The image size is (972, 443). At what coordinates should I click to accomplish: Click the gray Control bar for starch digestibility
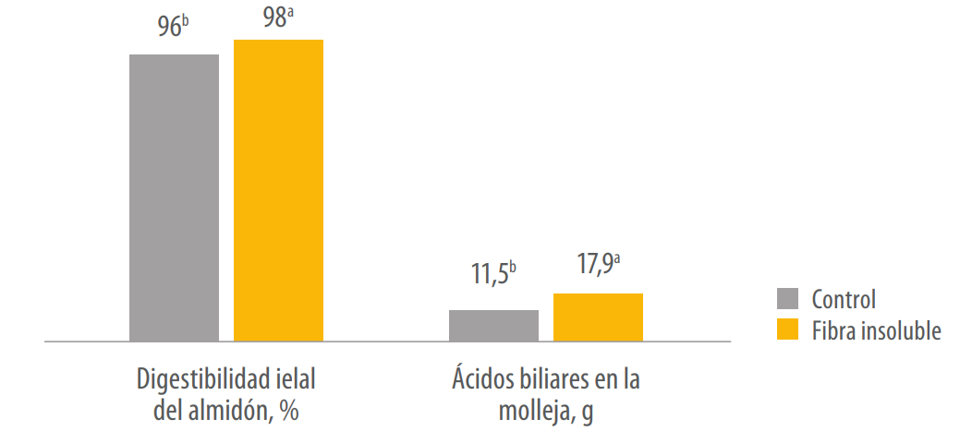(x=174, y=198)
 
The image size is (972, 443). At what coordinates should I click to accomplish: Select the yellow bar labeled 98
(x=278, y=190)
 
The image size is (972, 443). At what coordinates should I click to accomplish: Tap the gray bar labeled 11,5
(x=493, y=326)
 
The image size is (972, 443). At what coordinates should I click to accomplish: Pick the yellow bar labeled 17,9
(x=598, y=317)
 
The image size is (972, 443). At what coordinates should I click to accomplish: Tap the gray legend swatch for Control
(x=787, y=299)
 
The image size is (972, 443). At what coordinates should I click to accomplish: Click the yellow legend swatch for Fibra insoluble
(x=787, y=329)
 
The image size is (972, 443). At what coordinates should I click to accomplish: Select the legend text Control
(x=844, y=300)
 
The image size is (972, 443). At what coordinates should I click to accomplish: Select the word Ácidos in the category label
(x=483, y=379)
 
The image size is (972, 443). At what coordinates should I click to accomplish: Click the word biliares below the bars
(x=553, y=380)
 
